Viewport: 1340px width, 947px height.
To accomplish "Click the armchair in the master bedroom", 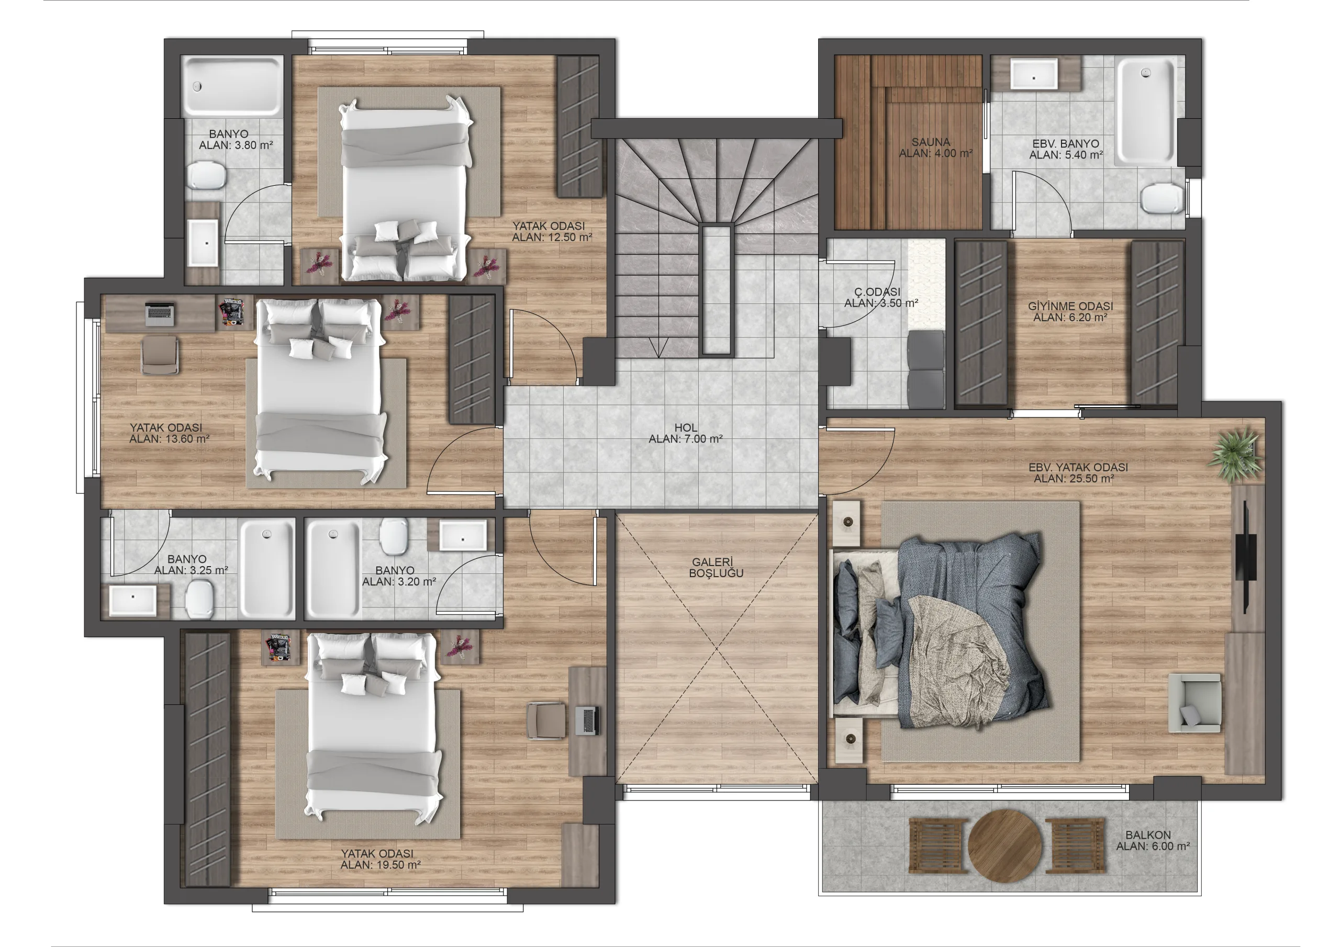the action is point(1194,703).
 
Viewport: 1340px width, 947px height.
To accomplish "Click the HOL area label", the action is point(686,427).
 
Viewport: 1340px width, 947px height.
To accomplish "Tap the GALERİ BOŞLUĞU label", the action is point(716,568).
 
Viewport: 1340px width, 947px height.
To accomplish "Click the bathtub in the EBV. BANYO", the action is point(1146,111).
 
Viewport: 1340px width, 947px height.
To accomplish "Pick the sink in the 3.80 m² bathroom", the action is point(204,243).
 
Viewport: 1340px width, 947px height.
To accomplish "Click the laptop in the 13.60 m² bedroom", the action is point(160,314).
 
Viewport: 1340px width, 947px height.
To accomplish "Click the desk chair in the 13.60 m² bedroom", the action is point(159,355).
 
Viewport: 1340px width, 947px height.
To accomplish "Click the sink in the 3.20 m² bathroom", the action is point(462,536).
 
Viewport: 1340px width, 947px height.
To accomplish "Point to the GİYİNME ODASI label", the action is point(1070,306).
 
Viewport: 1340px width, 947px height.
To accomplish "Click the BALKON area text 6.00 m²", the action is point(1170,846).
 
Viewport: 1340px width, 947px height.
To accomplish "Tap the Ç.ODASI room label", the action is point(877,292).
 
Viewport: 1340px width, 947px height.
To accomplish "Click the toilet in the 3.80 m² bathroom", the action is point(206,175).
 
